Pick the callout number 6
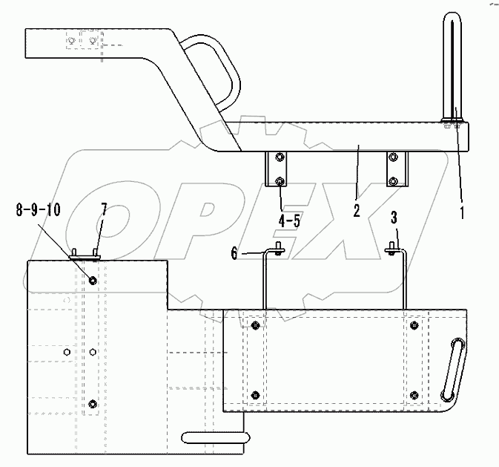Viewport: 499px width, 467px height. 234,253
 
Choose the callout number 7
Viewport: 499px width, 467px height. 104,209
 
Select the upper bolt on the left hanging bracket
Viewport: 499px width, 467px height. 278,157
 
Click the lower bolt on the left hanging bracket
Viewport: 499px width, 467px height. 278,181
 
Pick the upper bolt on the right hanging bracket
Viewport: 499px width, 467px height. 393,157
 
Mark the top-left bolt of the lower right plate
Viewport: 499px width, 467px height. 255,326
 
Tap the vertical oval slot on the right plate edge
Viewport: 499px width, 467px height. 452,369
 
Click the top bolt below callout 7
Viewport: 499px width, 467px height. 92,280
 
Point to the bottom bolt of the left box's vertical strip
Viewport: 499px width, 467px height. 92,403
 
